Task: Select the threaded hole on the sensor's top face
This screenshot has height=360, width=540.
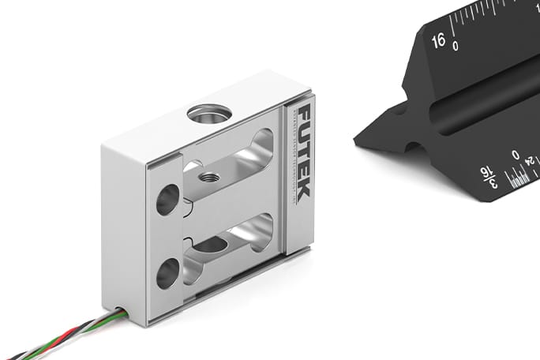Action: coord(208,112)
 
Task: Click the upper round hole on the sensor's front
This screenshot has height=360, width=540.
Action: coord(168,199)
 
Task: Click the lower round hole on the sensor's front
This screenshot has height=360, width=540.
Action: coord(168,273)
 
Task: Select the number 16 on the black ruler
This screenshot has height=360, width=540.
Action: coord(439,39)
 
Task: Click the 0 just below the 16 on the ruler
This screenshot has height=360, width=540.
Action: coord(455,47)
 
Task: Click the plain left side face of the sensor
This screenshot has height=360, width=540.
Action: coord(122,229)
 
